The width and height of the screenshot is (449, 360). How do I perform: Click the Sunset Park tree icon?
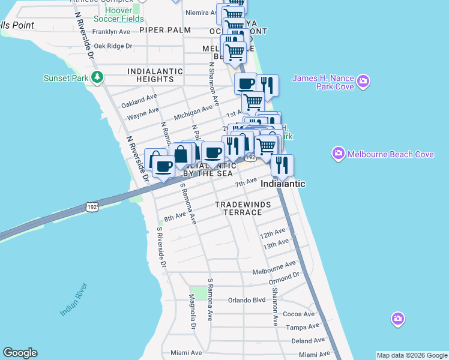coord(96,77)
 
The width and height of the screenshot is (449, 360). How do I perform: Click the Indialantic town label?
coord(283,184)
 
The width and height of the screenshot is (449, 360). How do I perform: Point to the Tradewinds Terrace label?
coord(243,209)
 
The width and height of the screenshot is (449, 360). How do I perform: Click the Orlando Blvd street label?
coord(246,300)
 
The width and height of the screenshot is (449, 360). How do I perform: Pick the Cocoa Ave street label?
coord(298,314)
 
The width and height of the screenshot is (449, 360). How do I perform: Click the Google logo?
coord(20,353)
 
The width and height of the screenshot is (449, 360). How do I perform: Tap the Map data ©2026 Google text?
coord(411,355)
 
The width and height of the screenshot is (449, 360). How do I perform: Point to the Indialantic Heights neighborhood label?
coord(155,75)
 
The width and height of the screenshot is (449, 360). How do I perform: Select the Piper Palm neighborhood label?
coord(164,29)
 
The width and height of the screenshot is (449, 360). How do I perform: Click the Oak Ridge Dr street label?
coord(112,46)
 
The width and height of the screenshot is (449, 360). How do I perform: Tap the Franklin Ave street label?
coord(111,32)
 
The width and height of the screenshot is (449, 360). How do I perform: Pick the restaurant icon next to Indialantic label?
coord(282,164)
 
